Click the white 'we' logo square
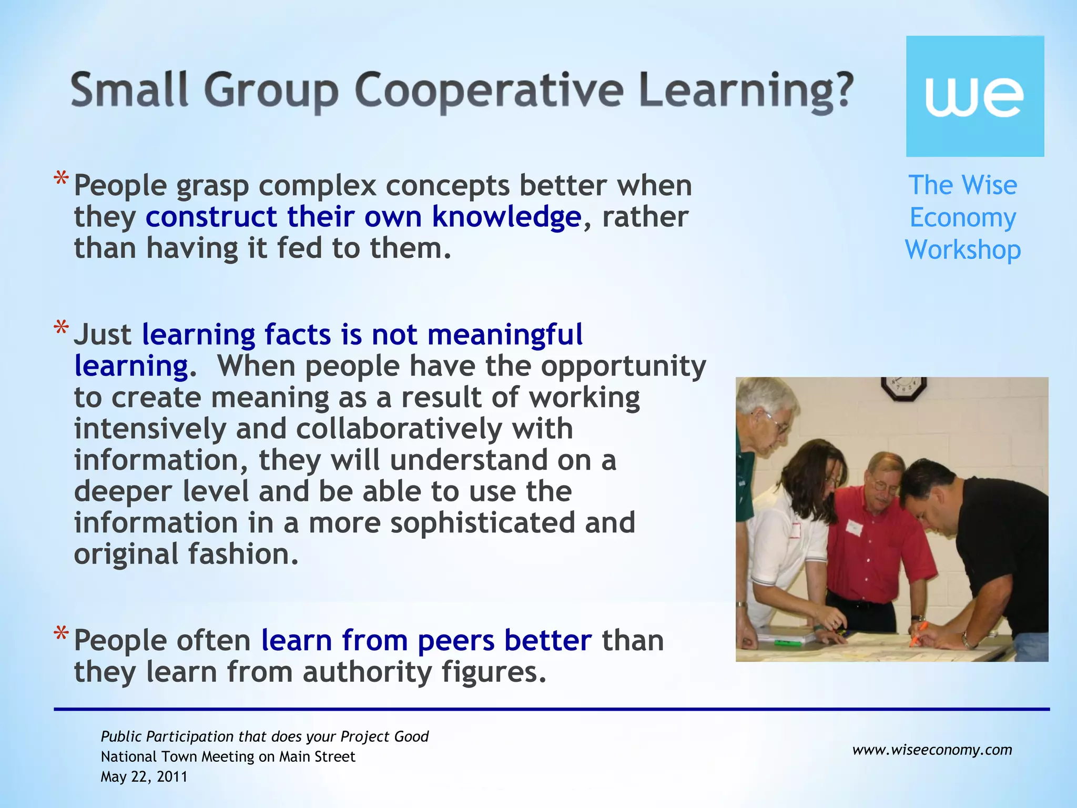click(x=974, y=96)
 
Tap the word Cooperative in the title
click(x=489, y=90)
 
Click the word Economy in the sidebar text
click(x=962, y=217)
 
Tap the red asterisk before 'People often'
click(x=61, y=635)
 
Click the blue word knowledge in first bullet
click(x=506, y=217)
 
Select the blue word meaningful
click(x=505, y=335)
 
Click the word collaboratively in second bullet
click(x=399, y=429)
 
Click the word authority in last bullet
click(x=367, y=672)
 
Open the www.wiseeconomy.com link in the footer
click(x=932, y=750)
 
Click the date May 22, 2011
click(x=144, y=777)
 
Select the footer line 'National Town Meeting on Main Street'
click(x=228, y=756)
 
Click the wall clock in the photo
click(x=903, y=388)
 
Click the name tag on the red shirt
click(x=854, y=527)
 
